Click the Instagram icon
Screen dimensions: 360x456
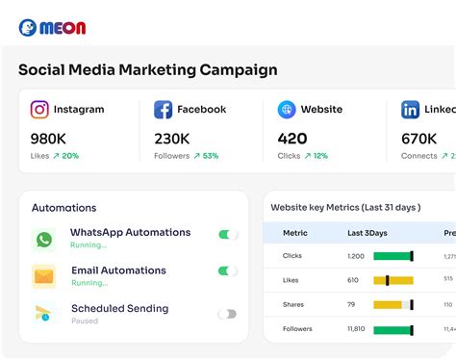coord(39,110)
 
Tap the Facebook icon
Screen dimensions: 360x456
coord(164,110)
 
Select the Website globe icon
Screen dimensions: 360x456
coord(287,110)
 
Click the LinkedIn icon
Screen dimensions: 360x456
coord(411,110)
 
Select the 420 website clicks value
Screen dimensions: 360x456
coord(292,138)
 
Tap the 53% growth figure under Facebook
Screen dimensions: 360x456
coord(205,156)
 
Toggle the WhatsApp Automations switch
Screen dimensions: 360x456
coord(227,234)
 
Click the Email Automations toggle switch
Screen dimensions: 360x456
coord(227,271)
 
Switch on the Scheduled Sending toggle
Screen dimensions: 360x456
coord(227,314)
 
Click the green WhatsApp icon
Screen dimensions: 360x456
coord(43,240)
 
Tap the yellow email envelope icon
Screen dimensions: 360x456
coord(43,277)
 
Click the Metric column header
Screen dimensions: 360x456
coord(294,233)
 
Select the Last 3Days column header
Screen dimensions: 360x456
coord(367,233)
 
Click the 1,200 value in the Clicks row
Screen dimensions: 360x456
coord(355,256)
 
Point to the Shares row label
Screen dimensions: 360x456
coord(292,305)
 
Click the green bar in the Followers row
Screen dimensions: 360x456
coord(393,329)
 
